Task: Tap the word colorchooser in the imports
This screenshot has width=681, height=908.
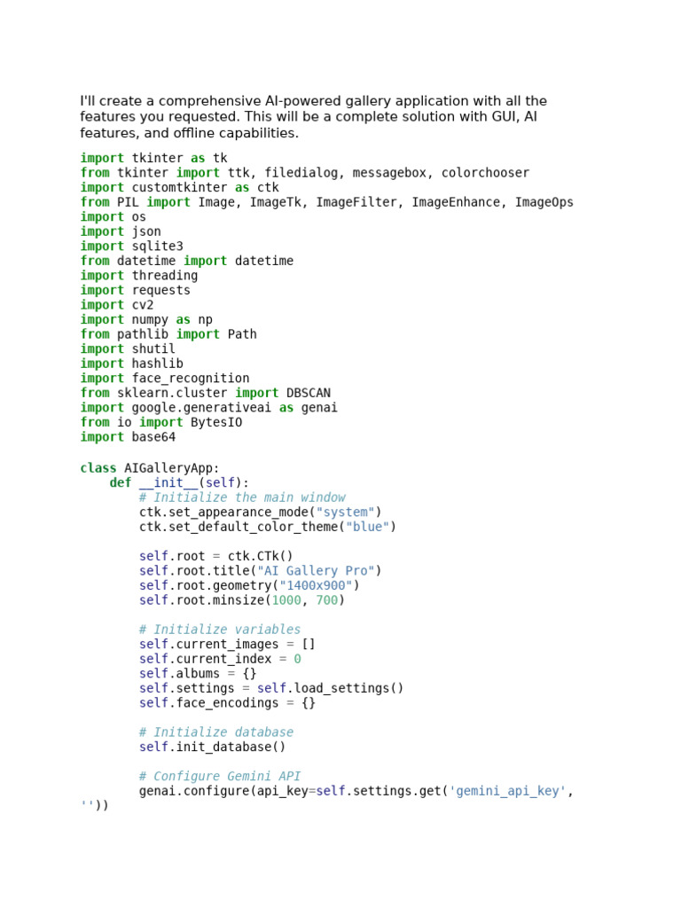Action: click(x=485, y=173)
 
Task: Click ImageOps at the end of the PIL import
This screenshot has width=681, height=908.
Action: click(x=544, y=202)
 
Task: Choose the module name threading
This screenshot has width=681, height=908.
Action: click(x=165, y=276)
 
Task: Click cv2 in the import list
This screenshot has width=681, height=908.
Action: click(x=143, y=305)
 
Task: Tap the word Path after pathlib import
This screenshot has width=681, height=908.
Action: click(x=242, y=334)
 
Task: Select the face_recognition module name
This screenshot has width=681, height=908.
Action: click(x=191, y=379)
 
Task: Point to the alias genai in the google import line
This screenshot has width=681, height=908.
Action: click(x=319, y=408)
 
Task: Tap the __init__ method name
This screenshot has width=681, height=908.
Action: click(x=168, y=483)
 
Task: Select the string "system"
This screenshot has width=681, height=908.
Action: click(x=345, y=513)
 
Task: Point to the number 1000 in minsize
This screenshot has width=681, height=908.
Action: click(x=286, y=600)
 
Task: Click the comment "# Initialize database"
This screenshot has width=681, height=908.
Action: click(x=216, y=732)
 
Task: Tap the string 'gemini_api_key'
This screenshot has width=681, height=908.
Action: click(x=507, y=791)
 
